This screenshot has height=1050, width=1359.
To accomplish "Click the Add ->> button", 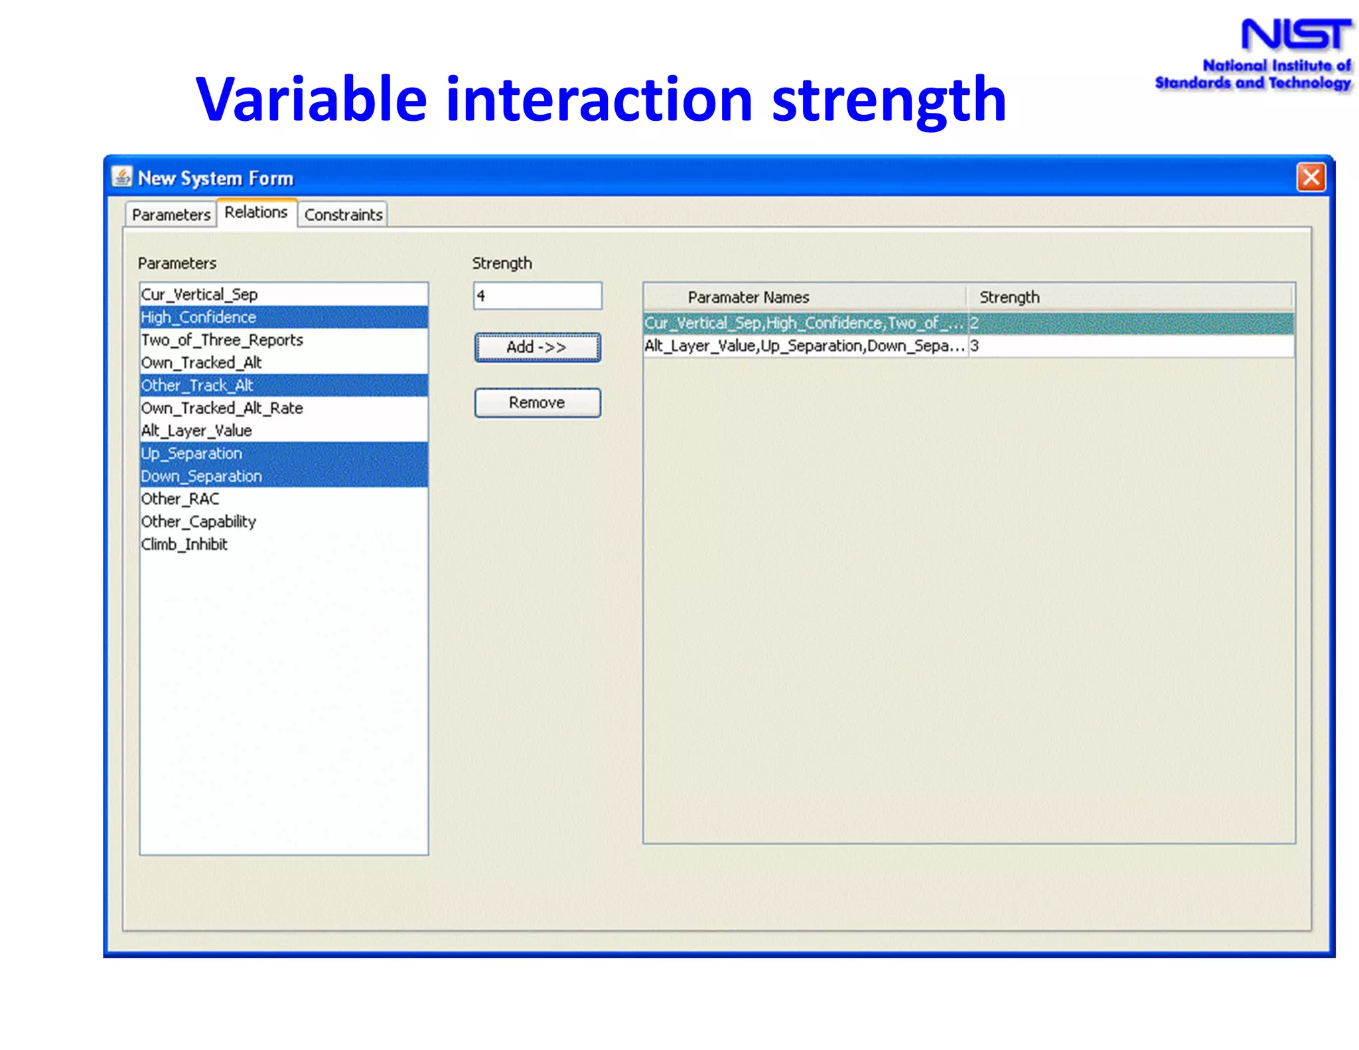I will [537, 347].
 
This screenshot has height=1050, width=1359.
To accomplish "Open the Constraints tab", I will [342, 214].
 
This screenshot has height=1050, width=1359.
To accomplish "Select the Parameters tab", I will [171, 214].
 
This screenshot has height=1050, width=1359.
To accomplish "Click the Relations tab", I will [255, 212].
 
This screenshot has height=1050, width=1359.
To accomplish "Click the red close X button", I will [1311, 177].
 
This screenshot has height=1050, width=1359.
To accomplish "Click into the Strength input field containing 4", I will [537, 296].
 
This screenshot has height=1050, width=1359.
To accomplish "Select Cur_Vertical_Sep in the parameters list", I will [199, 294].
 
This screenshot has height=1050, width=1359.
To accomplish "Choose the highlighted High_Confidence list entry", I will [198, 317].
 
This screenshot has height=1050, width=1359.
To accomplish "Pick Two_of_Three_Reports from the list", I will [222, 340].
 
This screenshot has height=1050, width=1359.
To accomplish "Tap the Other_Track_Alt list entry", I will [197, 386].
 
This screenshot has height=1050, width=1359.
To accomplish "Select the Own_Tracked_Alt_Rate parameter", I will [222, 408].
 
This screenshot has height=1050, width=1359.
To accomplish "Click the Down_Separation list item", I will [201, 477].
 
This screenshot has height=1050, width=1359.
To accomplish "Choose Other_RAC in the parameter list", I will [180, 499].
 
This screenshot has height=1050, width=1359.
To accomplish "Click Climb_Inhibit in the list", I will [184, 544].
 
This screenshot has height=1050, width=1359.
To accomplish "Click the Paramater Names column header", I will [748, 297].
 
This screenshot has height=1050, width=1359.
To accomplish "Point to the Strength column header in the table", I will [1009, 297].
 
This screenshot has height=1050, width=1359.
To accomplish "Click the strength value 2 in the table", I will [974, 323].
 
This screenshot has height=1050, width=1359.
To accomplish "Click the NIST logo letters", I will [1295, 35].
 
